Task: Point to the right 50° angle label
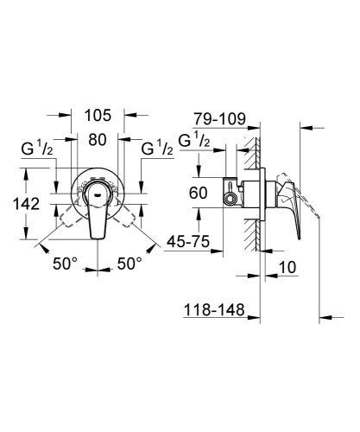pos(129,265)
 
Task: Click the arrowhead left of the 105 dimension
pos(69,113)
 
